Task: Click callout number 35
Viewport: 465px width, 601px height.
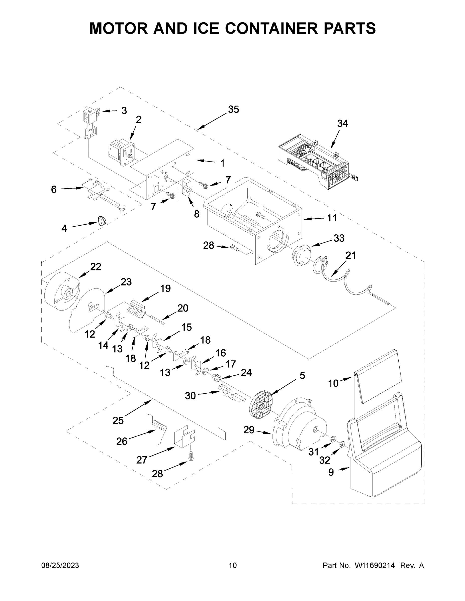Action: coord(233,109)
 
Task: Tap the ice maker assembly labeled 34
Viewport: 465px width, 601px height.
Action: coord(314,162)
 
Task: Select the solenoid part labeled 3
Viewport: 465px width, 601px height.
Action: coord(90,121)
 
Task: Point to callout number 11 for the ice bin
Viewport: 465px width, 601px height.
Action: coord(332,218)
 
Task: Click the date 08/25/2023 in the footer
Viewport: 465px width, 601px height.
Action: coord(60,565)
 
